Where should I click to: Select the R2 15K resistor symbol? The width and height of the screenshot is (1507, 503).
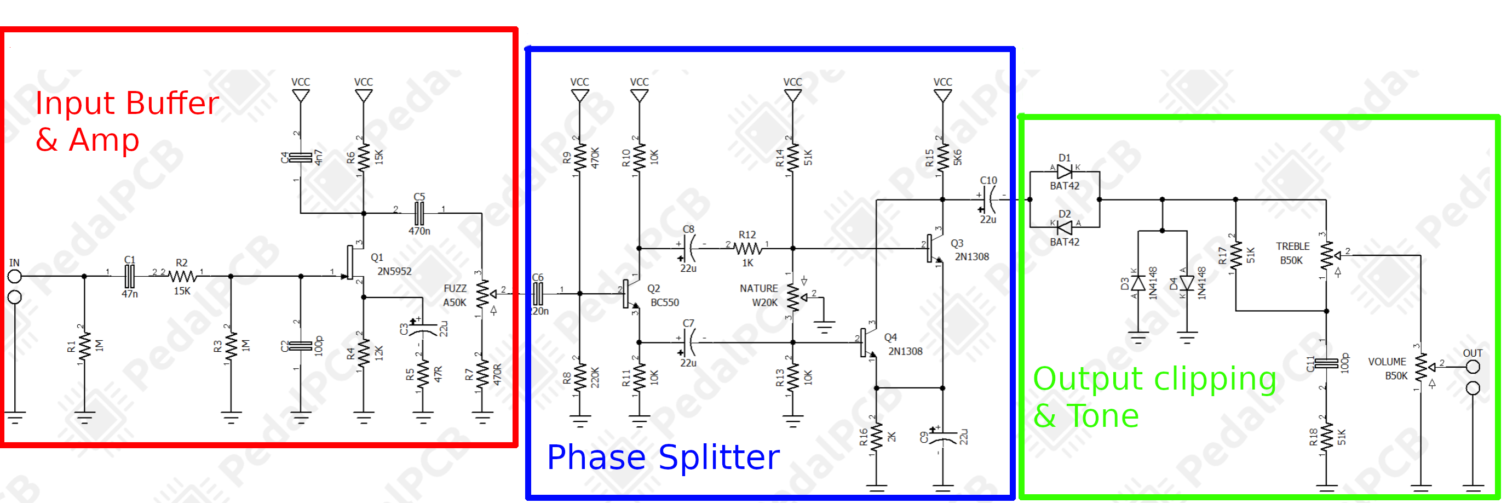point(182,275)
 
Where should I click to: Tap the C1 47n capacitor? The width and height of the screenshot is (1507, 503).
point(130,275)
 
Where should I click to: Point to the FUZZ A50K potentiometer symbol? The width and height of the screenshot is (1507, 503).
point(482,294)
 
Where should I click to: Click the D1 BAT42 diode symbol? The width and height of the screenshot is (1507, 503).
point(1065,172)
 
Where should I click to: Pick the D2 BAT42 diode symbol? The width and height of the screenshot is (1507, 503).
point(1065,227)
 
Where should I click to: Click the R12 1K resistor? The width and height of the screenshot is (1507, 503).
point(747,248)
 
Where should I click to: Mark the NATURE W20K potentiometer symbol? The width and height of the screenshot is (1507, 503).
point(793,298)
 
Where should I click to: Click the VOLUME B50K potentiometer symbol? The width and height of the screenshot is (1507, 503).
point(1422,368)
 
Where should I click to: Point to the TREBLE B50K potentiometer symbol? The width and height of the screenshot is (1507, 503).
point(1327,256)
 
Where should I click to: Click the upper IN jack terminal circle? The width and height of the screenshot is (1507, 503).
point(15,276)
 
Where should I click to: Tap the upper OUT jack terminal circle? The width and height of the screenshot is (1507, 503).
point(1473,368)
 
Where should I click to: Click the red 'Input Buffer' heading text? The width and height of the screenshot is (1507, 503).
point(126,104)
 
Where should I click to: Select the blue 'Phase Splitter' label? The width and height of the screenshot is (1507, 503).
point(663,458)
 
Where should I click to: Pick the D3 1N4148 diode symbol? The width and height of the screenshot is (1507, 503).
point(1138,284)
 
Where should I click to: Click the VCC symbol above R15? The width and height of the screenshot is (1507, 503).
point(942,94)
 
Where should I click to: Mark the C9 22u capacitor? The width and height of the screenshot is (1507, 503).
point(942,437)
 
